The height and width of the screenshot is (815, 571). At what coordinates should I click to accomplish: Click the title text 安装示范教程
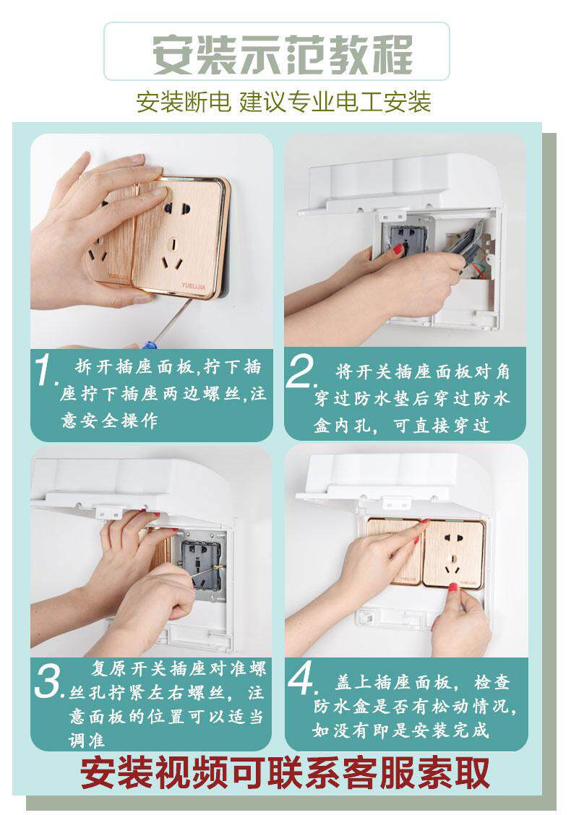tap(283, 53)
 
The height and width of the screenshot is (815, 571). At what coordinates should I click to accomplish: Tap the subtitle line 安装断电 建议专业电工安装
tap(284, 102)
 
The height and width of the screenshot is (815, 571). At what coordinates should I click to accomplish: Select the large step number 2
tap(301, 372)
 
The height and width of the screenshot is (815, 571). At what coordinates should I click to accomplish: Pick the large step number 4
tap(303, 678)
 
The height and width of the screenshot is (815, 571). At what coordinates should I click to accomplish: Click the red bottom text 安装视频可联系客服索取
tap(285, 773)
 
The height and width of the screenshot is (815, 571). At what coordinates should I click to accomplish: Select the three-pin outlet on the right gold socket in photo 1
tap(173, 254)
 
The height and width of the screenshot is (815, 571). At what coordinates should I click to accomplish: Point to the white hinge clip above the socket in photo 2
tap(392, 214)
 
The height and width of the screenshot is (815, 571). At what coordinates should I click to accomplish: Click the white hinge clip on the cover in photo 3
tap(111, 513)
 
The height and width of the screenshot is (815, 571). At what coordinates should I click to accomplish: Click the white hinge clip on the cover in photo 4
tap(397, 503)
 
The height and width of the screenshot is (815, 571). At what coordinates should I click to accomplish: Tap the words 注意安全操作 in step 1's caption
tap(108, 420)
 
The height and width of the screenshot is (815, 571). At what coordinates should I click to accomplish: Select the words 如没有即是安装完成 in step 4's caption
tap(400, 730)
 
